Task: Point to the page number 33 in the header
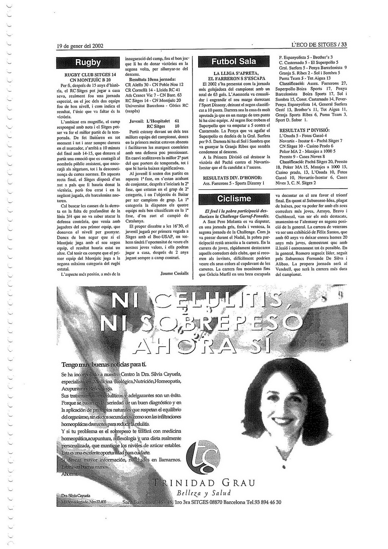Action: click(343, 45)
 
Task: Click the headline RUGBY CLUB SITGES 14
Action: click(90, 75)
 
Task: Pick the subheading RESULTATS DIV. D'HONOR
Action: click(233, 177)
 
